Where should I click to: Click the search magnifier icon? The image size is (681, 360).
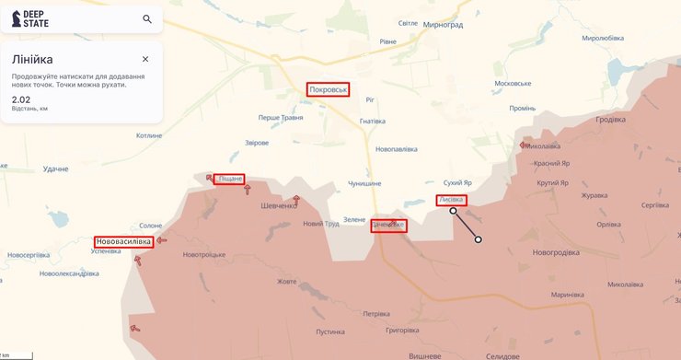pos(147,18)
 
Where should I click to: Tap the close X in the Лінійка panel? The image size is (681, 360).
pos(145,59)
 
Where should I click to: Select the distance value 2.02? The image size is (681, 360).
pos(20,99)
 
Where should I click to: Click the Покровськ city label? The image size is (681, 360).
pos(329,89)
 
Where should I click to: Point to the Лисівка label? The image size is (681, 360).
pos(451,200)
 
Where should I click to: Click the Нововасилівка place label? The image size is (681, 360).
pos(123,241)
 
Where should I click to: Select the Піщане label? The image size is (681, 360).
pos(229,178)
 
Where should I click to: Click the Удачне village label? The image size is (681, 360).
pos(56,168)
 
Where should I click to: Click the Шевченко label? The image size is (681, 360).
pos(280,205)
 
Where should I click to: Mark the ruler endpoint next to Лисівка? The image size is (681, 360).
pos(453,211)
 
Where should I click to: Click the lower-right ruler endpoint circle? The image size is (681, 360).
pos(478,240)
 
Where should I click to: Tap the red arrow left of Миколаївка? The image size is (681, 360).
pos(524,145)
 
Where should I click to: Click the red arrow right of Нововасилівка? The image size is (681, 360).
pos(162,241)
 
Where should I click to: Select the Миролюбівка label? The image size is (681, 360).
pos(603,38)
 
